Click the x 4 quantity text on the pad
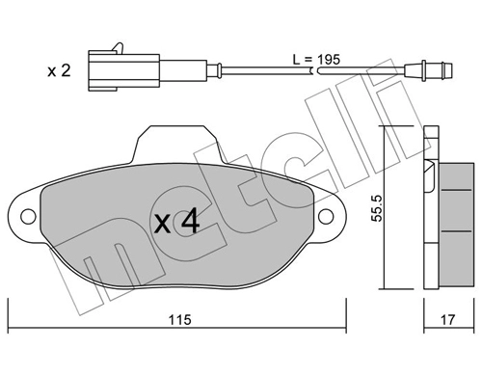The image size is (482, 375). pos(177,223)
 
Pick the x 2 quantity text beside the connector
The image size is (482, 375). pos(60,69)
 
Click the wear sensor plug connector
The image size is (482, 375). pos(123,67)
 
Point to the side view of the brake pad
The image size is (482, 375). pos(442,208)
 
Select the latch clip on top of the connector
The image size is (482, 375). pos(116,46)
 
